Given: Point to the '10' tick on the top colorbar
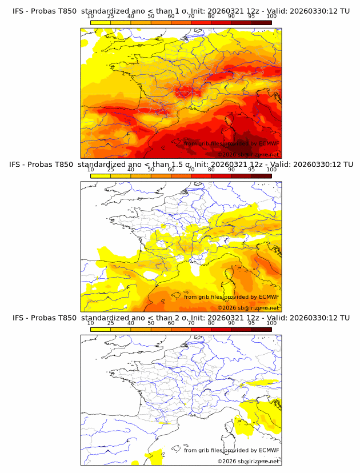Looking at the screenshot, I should pyautogui.click(x=90, y=17).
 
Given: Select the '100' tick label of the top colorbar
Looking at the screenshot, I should pyautogui.click(x=271, y=17).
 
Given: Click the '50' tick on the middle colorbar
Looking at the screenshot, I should pyautogui.click(x=151, y=170).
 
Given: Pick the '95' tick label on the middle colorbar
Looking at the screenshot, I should pyautogui.click(x=251, y=170).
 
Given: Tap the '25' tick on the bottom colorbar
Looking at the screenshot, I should pyautogui.click(x=110, y=323).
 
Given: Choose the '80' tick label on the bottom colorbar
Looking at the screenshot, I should pyautogui.click(x=211, y=323).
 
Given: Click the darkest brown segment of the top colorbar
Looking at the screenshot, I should pyautogui.click(x=262, y=23).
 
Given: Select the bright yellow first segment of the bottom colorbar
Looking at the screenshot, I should pyautogui.click(x=100, y=330).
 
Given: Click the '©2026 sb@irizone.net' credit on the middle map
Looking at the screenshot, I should pyautogui.click(x=248, y=308).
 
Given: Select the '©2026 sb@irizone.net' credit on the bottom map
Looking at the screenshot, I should pyautogui.click(x=248, y=461).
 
